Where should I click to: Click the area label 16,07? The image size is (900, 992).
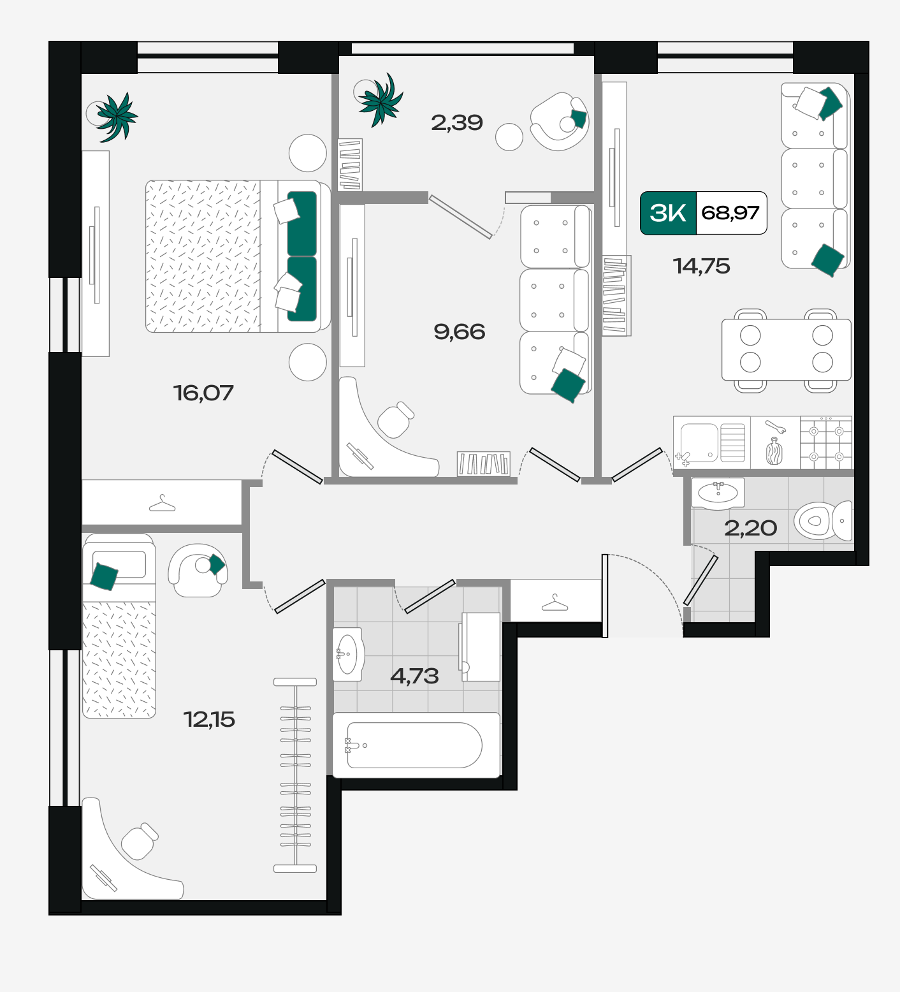(203, 393)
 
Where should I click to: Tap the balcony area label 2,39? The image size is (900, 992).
(457, 122)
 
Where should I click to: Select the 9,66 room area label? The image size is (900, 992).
(459, 332)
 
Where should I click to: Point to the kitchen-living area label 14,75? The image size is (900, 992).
(701, 266)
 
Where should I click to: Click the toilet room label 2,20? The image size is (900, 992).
(750, 528)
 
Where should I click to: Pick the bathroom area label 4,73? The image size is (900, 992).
(414, 676)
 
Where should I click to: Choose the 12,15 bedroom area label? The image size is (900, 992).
(209, 720)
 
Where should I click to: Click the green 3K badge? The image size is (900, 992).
(668, 213)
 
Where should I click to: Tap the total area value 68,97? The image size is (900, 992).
(730, 213)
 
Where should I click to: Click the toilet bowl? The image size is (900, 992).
(823, 520)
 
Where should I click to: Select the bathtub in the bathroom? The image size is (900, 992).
(416, 745)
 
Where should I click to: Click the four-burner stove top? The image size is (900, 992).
(826, 443)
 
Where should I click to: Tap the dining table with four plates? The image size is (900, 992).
(787, 349)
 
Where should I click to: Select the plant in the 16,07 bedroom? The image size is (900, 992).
(113, 116)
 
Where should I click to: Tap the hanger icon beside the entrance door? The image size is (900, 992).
(555, 602)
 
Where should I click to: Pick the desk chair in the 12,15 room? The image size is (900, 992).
(140, 841)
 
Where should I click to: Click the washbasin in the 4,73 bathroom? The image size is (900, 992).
(347, 654)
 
